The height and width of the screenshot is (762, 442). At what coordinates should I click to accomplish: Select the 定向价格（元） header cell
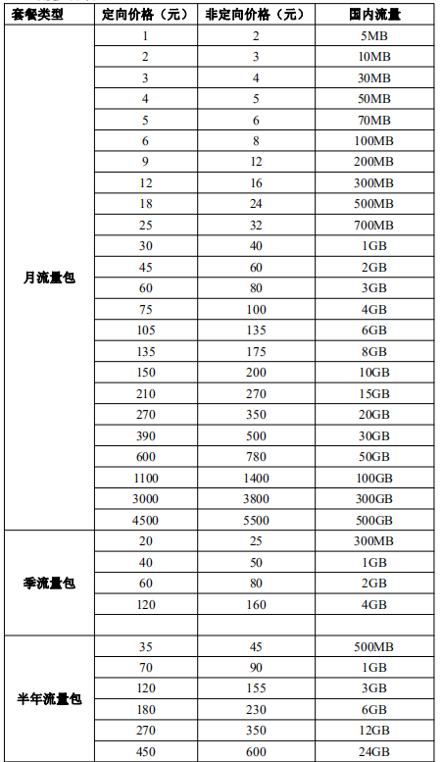pos(145,15)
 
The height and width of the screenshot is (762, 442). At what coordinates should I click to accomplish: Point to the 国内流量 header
pos(373,15)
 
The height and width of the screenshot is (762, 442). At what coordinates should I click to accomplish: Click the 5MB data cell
pos(373,36)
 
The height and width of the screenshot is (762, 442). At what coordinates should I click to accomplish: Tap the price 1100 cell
pos(145,478)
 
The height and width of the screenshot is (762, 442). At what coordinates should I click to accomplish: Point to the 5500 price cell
pos(255,520)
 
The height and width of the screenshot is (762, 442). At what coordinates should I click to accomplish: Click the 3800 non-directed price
pos(255,499)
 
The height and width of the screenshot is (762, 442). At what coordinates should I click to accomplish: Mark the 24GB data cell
pos(373,752)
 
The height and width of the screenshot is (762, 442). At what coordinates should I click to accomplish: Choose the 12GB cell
pos(373,731)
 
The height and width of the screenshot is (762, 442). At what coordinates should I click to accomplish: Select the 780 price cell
pos(255,457)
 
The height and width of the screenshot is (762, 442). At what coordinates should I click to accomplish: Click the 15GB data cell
pos(373,394)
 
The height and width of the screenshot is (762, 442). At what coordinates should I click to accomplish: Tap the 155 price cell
pos(255,688)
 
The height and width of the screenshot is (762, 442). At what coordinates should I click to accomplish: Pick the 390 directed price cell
pos(145,436)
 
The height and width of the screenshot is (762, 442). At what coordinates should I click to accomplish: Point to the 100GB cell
pos(373,478)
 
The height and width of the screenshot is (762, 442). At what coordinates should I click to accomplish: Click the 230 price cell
pos(255,710)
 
